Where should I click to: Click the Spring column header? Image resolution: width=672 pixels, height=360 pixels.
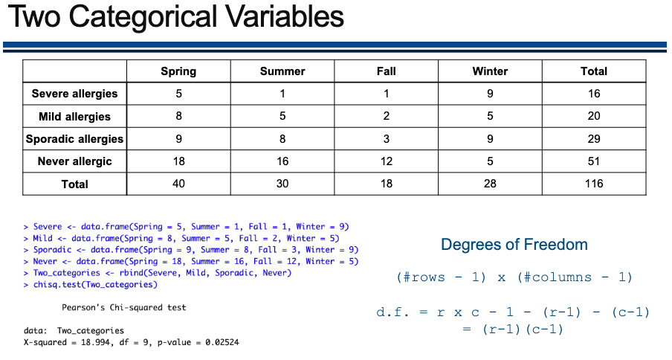(178, 71)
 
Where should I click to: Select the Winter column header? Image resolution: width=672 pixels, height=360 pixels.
(490, 71)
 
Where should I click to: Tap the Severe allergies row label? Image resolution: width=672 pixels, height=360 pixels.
(74, 94)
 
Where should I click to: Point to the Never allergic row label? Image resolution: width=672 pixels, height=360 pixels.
(74, 161)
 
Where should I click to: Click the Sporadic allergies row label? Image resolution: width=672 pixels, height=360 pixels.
(74, 139)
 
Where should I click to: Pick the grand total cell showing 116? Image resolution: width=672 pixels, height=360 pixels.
(594, 184)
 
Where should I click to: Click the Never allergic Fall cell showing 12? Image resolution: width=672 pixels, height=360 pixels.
(386, 161)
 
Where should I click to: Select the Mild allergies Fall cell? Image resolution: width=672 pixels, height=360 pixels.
(386, 116)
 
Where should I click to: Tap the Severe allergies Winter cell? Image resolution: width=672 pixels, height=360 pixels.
(490, 94)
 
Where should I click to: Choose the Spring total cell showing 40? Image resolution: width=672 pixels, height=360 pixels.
(178, 184)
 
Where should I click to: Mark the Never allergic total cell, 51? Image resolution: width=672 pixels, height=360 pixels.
(594, 161)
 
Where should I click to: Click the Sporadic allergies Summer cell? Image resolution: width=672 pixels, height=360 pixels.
(282, 139)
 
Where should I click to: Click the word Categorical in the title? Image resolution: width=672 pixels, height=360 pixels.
(143, 16)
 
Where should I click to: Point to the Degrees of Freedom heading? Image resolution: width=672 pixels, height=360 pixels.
(514, 245)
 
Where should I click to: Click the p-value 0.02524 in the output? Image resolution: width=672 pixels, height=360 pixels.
(222, 342)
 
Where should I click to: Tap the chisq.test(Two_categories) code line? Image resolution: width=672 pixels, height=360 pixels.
(95, 285)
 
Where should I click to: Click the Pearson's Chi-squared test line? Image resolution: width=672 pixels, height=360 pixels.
(124, 308)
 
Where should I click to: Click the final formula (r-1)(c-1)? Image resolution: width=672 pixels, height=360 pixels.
(523, 330)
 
